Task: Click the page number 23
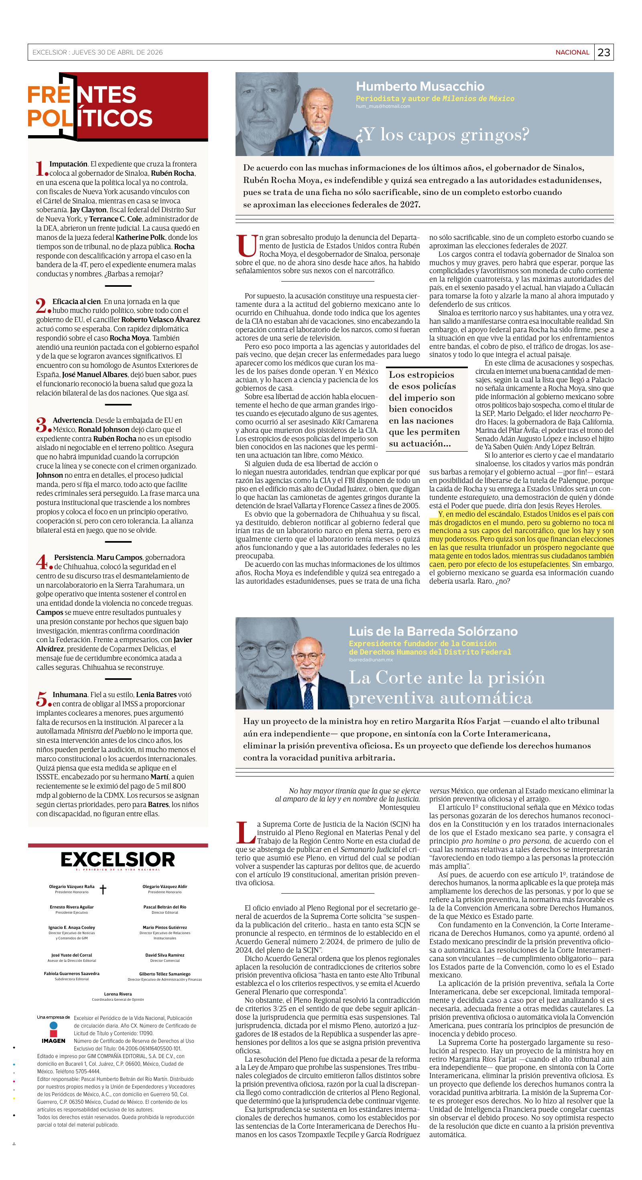[604, 52]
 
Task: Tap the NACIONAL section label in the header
[572, 52]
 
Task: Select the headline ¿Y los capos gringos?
[442, 135]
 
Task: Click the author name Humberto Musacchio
[420, 86]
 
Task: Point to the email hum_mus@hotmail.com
[383, 106]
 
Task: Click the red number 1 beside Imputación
[41, 168]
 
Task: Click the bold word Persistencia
[74, 558]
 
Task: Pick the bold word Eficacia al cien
[77, 301]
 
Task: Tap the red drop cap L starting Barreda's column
[245, 833]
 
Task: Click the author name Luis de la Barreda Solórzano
[433, 631]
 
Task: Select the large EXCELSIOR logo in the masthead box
[118, 860]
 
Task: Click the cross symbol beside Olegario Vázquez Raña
[103, 889]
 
